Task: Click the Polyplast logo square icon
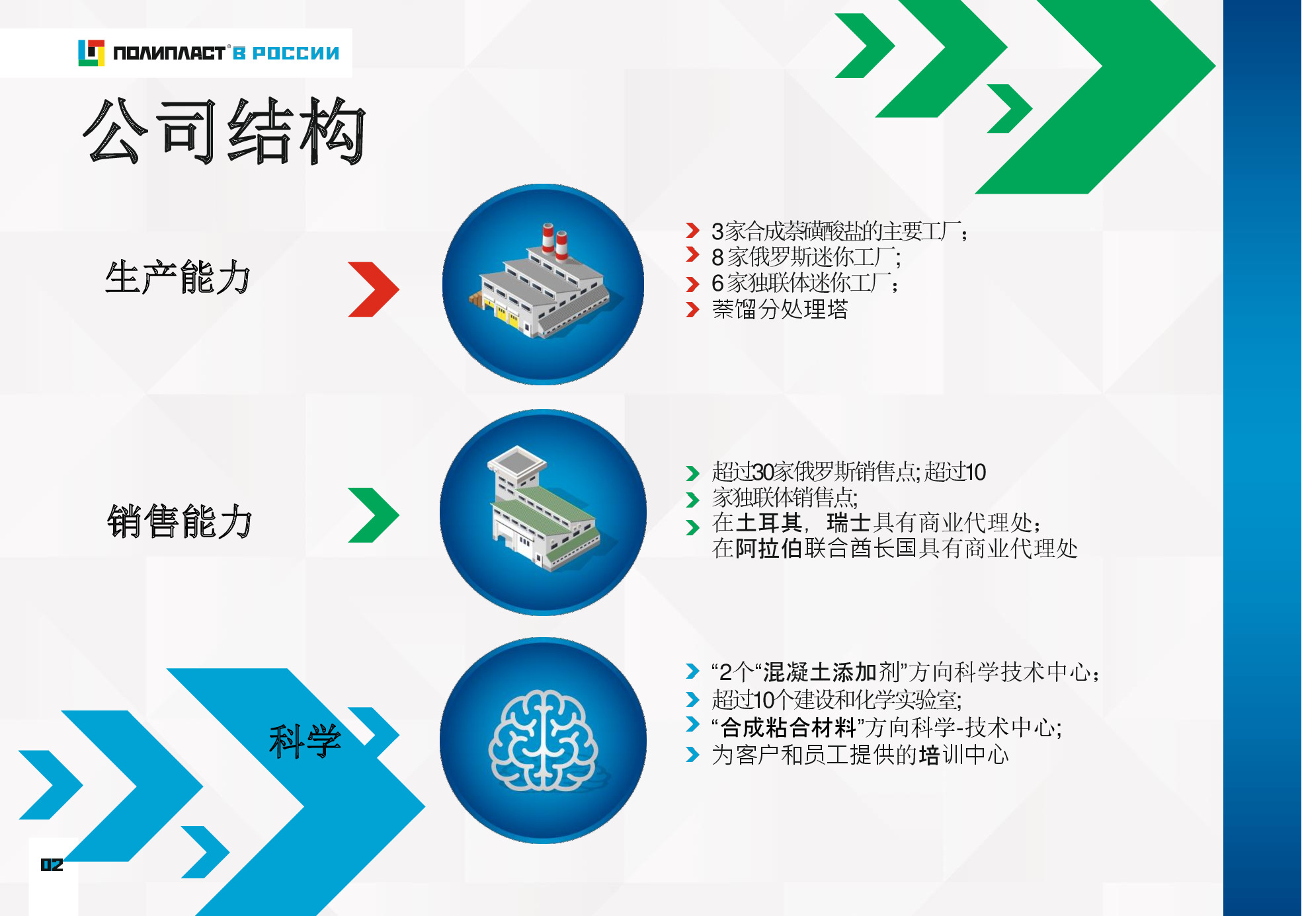[91, 53]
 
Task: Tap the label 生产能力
[178, 277]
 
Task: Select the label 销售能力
[179, 521]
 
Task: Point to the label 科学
[305, 741]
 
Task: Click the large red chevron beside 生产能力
[374, 289]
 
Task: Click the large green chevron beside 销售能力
[374, 515]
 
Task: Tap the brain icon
[543, 740]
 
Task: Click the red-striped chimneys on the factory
[555, 241]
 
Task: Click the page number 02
[52, 864]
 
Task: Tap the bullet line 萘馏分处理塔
[780, 309]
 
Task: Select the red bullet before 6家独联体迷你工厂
[692, 284]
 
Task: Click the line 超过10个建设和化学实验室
[836, 699]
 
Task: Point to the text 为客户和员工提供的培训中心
[860, 755]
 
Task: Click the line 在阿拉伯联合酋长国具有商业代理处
[895, 549]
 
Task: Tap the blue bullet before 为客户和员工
[692, 754]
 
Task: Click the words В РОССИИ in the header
[286, 53]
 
